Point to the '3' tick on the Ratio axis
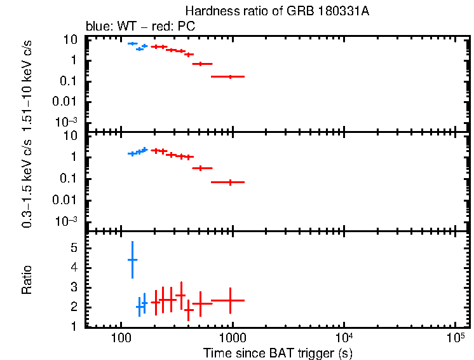pyautogui.click(x=74, y=287)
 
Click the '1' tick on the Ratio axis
pyautogui.click(x=74, y=327)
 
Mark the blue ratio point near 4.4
pyautogui.click(x=132, y=260)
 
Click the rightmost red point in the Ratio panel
pyautogui.click(x=230, y=300)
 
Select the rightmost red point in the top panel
pyautogui.click(x=230, y=76)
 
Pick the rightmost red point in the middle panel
pyautogui.click(x=230, y=182)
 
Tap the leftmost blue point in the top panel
pyautogui.click(x=132, y=43)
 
